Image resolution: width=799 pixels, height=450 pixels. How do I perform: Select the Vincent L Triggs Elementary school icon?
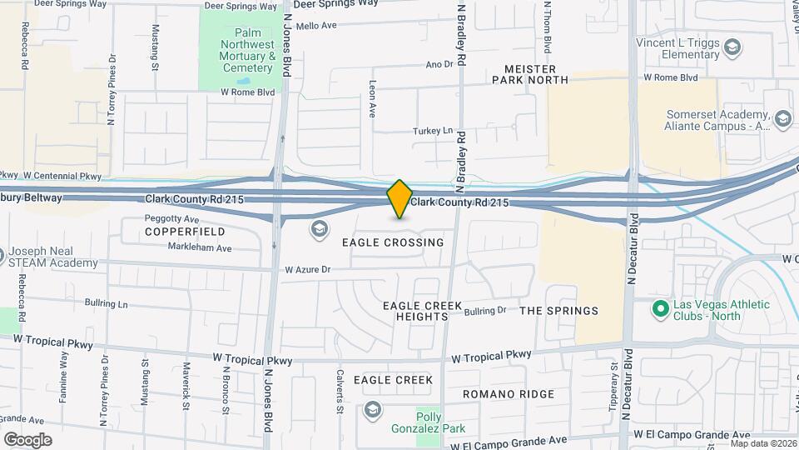coord(732,47)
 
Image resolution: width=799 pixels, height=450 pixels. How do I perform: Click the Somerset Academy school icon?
coord(782,120)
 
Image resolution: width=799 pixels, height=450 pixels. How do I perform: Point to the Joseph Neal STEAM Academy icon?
coord(2,253)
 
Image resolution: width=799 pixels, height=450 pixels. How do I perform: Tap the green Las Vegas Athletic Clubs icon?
coord(660,309)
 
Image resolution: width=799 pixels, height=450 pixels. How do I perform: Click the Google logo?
coord(27,439)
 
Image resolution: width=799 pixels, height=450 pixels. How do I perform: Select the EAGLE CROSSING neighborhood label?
coord(393,242)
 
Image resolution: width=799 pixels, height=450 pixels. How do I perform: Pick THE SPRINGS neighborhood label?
coord(558,311)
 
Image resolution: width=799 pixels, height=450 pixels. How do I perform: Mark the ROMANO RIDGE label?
coord(508,394)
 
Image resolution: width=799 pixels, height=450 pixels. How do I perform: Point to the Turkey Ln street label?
coord(433,131)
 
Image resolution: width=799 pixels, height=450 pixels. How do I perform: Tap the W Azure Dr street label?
coord(308,270)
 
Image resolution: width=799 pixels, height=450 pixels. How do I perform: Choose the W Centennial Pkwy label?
coord(62,176)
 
